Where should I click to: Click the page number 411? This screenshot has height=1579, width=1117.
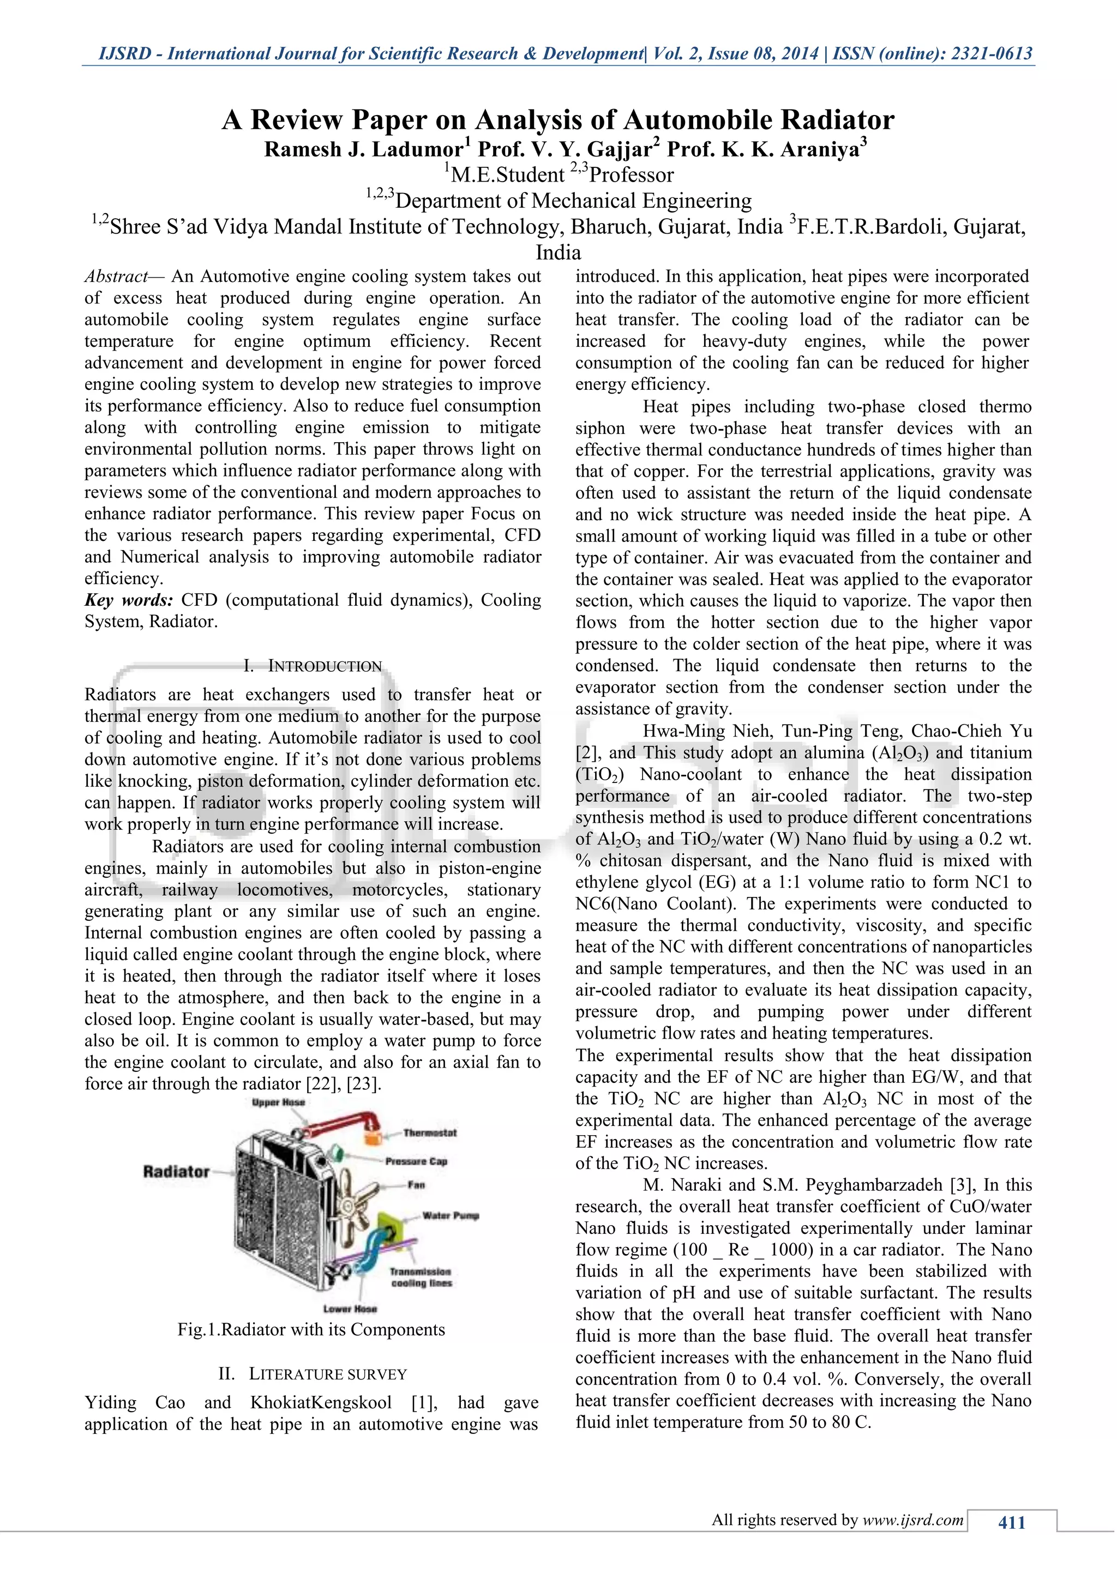(x=1012, y=1523)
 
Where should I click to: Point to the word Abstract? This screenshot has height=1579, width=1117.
(x=115, y=276)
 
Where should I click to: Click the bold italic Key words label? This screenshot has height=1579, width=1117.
(x=129, y=600)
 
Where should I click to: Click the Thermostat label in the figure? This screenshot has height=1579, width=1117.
(x=430, y=1132)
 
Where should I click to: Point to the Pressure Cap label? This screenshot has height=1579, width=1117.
(x=416, y=1161)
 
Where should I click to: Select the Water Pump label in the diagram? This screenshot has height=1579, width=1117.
(x=451, y=1216)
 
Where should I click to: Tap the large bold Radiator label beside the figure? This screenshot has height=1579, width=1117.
(x=176, y=1171)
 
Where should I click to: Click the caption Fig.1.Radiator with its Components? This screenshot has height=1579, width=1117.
(x=311, y=1329)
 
